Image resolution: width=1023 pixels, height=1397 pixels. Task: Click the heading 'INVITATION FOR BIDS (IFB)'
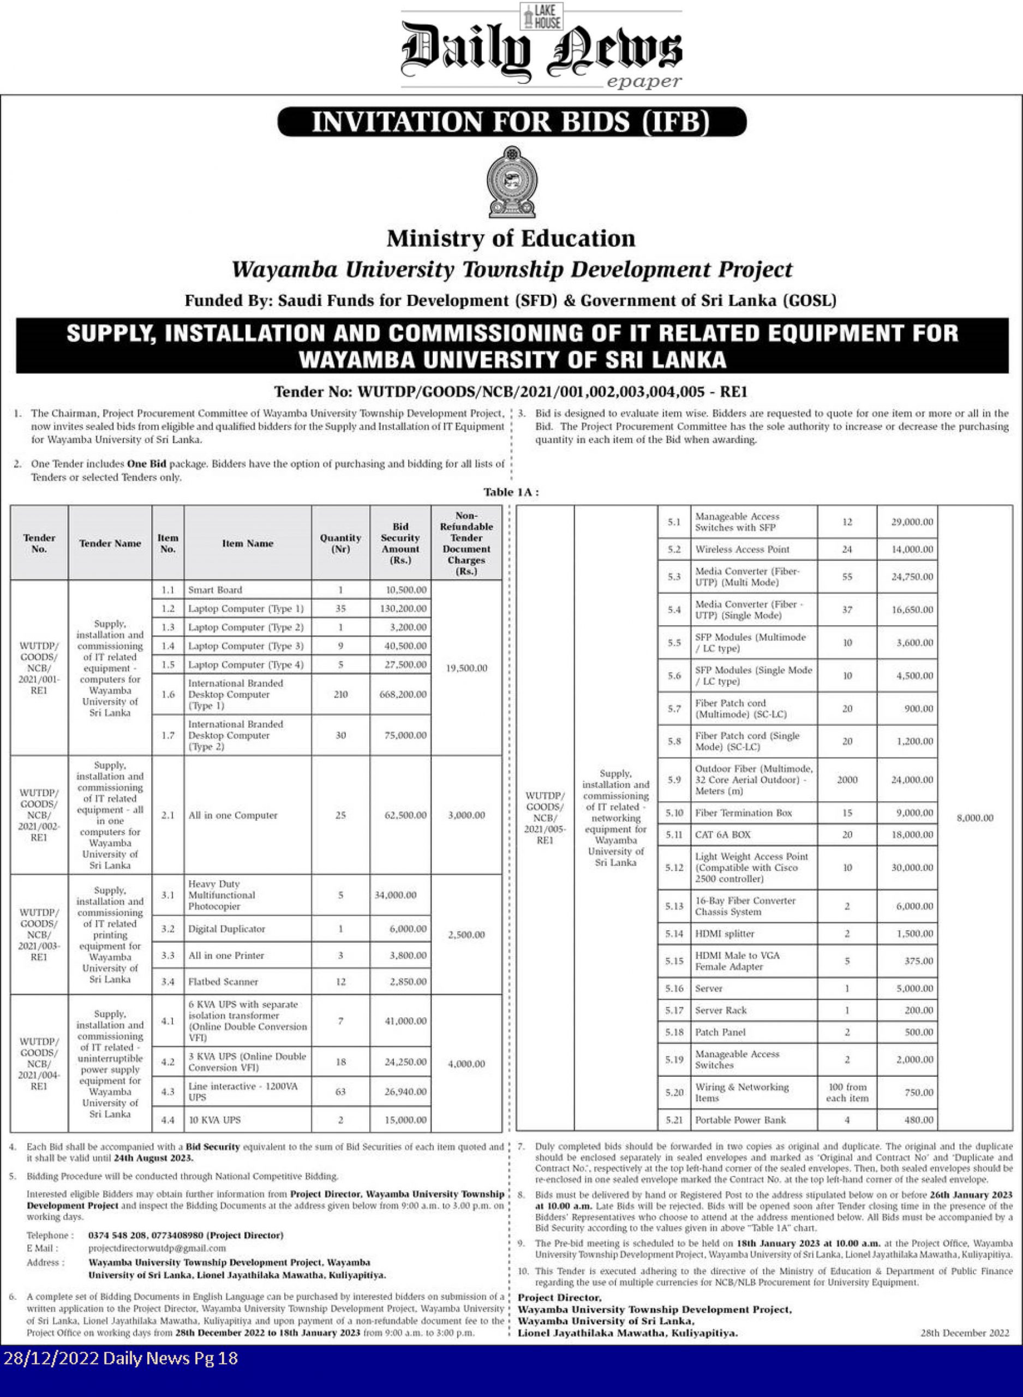pos(512,122)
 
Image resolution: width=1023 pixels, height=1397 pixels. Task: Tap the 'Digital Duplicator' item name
pos(226,929)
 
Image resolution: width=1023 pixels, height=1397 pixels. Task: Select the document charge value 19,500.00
pos(466,668)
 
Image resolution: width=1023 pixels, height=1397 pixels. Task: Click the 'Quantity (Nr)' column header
pos(340,543)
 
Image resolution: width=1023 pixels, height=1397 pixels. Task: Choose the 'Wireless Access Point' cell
pos(742,550)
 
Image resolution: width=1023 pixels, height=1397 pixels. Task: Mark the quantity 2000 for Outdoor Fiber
pos(847,780)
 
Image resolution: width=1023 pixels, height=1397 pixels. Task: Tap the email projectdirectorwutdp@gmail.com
pos(157,1249)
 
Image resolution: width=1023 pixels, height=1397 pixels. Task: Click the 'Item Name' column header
pos(248,543)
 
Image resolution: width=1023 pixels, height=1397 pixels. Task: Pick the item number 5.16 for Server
pos(674,988)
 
